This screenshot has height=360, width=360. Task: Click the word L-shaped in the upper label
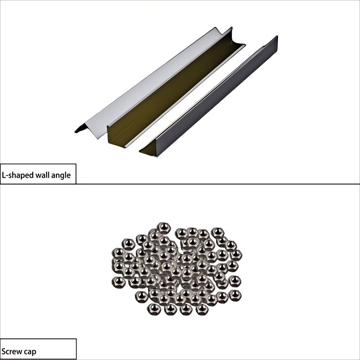tap(18, 175)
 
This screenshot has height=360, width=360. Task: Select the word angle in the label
tap(61, 175)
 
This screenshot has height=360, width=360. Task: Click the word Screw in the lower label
tap(11, 351)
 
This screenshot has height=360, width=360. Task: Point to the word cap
tap(29, 352)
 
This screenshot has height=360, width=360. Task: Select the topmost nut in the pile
tap(164, 228)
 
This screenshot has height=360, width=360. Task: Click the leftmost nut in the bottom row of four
tap(153, 309)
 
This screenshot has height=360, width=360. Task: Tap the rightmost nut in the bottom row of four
tap(202, 309)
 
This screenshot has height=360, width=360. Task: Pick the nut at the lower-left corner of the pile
tap(119, 282)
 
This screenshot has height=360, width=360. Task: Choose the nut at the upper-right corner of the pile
tap(218, 233)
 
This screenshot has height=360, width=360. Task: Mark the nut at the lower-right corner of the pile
tap(234, 296)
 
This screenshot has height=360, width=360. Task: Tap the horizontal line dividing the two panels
tap(180, 184)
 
